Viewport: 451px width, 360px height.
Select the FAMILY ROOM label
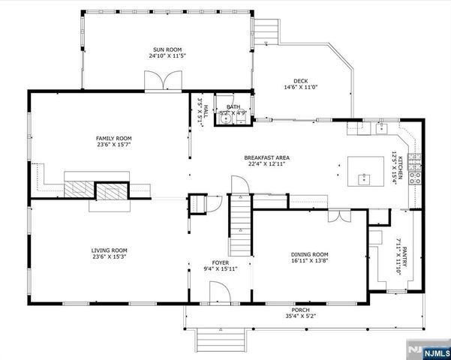(113, 138)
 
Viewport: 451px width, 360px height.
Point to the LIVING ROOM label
(110, 250)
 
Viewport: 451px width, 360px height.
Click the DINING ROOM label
(309, 254)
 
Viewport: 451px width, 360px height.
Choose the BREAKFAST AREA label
(266, 157)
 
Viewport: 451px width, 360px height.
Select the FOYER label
(220, 262)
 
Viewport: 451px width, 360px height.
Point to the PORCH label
(300, 310)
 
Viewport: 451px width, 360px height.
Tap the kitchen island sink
(363, 178)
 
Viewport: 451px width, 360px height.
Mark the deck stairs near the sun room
(267, 31)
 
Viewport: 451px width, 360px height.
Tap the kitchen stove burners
(418, 169)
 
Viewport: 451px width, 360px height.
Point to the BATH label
(233, 107)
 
